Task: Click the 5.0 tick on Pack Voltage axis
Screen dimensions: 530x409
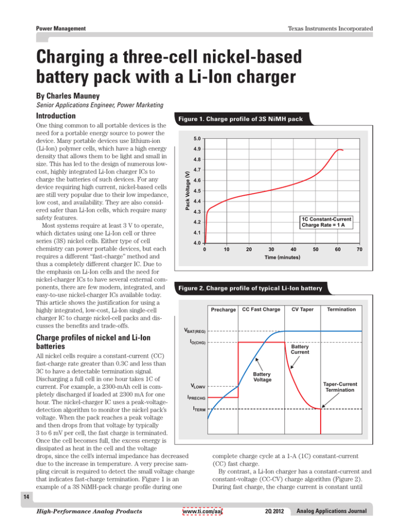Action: pos(197,139)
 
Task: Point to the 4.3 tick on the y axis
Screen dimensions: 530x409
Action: pos(197,212)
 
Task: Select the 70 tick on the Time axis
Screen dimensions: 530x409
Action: pos(360,248)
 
